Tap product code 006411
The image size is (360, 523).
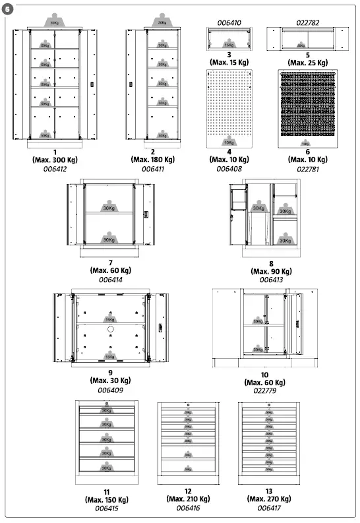(152, 169)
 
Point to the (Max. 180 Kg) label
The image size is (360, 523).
(153, 160)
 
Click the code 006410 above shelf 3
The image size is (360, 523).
(229, 23)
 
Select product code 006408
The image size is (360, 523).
(229, 169)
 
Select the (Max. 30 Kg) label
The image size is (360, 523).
(109, 381)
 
